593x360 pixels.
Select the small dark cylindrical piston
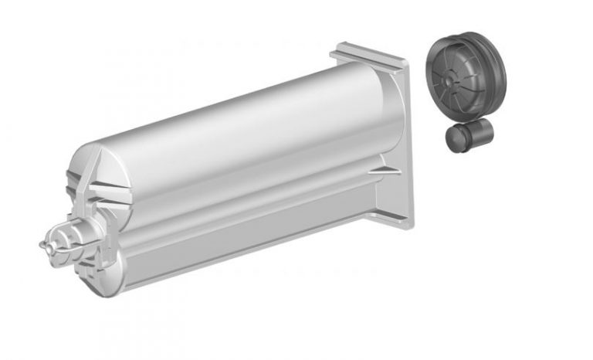(468, 138)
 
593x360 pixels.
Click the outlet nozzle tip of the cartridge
(44, 244)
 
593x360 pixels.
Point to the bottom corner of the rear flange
(407, 225)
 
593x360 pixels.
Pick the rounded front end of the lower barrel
(100, 263)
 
